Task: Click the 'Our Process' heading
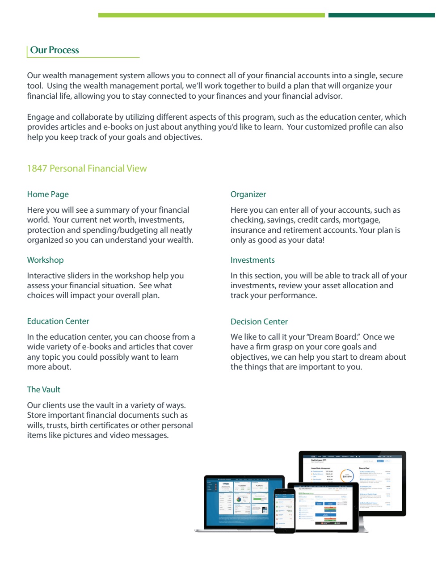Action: pos(55,50)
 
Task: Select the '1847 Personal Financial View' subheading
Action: pos(87,168)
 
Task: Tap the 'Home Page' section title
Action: pos(48,194)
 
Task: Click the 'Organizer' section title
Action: pos(248,194)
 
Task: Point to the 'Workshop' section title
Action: pos(45,260)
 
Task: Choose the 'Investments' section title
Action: pos(253,260)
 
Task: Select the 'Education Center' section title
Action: pos(58,321)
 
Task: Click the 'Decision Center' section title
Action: pos(259,322)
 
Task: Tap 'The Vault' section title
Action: pos(43,390)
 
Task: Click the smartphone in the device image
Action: pos(285,510)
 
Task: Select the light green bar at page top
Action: pos(211,15)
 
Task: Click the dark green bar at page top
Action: pos(381,15)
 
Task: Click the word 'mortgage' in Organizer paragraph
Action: pos(361,220)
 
